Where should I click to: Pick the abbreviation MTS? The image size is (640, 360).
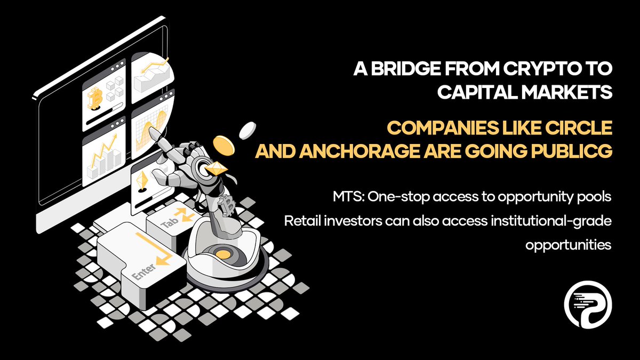[x=343, y=197]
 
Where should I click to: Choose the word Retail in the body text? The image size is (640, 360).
[x=302, y=221]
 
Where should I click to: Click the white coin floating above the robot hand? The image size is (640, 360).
[x=247, y=128]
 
